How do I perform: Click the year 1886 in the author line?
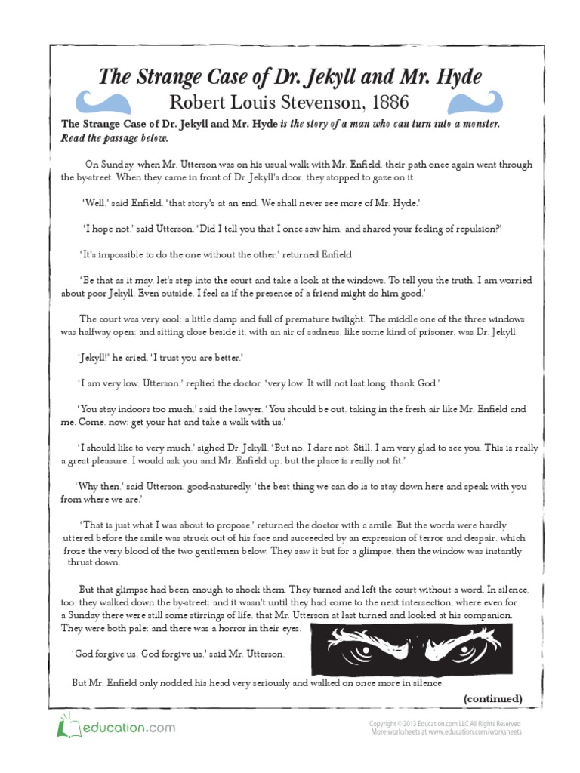point(383,102)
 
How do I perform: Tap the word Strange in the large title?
point(169,76)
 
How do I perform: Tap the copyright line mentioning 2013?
point(445,723)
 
